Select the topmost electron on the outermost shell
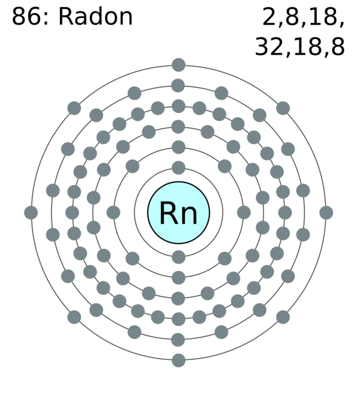[x=178, y=64]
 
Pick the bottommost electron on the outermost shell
[x=178, y=360]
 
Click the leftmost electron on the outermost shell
[x=31, y=212]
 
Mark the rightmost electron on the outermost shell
[x=326, y=212]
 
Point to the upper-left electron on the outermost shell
[x=74, y=108]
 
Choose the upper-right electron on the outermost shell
[x=283, y=108]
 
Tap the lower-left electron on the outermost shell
[x=74, y=317]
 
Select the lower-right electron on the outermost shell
[x=283, y=317]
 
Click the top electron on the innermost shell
[x=178, y=168]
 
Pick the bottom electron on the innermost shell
[x=178, y=257]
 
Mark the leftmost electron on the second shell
[x=113, y=212]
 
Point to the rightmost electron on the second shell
[x=244, y=212]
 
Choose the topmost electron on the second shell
[x=178, y=147]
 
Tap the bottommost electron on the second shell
[x=178, y=277]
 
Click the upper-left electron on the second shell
[x=133, y=166]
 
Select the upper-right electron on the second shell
[x=224, y=166]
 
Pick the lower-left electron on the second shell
[x=133, y=258]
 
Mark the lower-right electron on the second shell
[x=224, y=258]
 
